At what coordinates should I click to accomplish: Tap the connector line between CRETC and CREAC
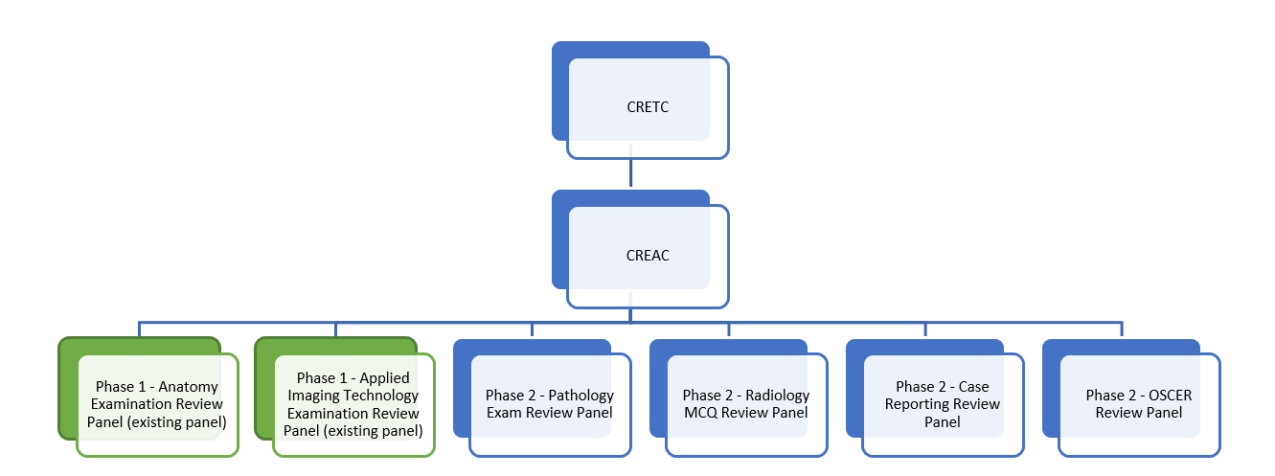629,173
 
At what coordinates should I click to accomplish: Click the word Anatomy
190,387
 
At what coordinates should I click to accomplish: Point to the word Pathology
581,395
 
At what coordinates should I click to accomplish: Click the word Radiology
778,395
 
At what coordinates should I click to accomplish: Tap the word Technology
382,396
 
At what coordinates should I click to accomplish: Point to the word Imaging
327,396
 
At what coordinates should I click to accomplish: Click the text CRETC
648,106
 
